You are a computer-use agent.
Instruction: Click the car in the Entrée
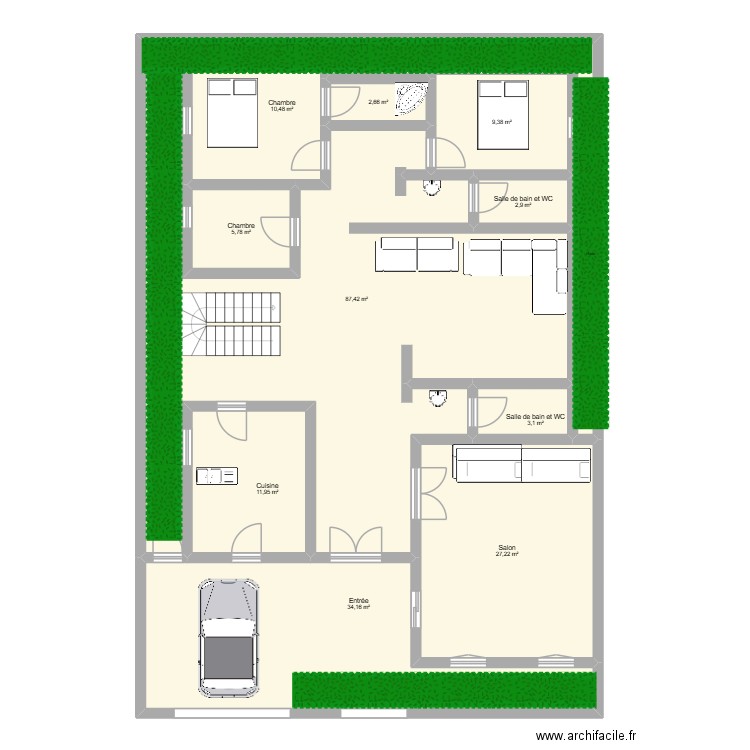(x=228, y=636)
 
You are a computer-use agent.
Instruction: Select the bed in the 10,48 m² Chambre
(x=232, y=112)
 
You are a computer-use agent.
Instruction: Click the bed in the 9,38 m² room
(x=503, y=114)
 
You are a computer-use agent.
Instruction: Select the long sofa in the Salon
(x=523, y=463)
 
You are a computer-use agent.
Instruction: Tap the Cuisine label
(x=267, y=485)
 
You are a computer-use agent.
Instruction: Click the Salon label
(x=507, y=547)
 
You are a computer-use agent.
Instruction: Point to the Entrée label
(x=358, y=600)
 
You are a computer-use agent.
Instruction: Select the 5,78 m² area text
(x=240, y=233)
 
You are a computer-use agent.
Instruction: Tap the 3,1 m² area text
(x=536, y=423)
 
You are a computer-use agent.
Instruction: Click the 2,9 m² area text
(x=523, y=205)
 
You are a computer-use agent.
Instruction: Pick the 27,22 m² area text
(x=507, y=555)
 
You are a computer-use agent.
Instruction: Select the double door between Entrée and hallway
(x=356, y=541)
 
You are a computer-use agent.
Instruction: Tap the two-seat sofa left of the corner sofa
(x=416, y=255)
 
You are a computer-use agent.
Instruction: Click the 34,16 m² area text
(x=358, y=607)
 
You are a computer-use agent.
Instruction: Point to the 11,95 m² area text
(x=267, y=492)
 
